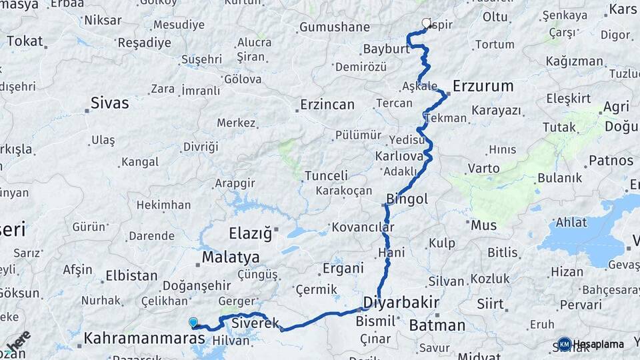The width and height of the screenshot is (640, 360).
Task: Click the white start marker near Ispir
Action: [x=427, y=23]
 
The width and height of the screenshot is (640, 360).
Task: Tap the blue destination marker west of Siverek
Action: [x=193, y=323]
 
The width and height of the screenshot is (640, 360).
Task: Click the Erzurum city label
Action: [x=483, y=86]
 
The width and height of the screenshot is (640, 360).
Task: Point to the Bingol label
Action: [x=407, y=199]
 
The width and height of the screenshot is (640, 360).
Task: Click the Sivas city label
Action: [x=110, y=103]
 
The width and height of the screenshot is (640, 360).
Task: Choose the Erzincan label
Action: [x=327, y=105]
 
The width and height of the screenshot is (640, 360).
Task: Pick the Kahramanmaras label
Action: [x=144, y=339]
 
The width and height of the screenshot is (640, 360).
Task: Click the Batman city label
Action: [x=437, y=325]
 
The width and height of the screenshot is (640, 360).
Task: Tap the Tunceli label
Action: [x=326, y=176]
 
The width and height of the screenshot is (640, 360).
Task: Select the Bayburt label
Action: [x=386, y=49]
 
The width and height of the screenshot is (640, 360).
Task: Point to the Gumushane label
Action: [x=334, y=27]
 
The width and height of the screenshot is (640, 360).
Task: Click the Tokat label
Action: [x=25, y=41]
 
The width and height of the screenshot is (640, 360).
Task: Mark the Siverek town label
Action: [x=255, y=324]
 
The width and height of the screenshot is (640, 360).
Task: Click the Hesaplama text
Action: [x=599, y=344]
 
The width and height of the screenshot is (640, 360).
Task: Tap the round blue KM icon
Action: [x=565, y=344]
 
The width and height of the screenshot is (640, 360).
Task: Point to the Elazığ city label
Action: [x=251, y=233]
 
